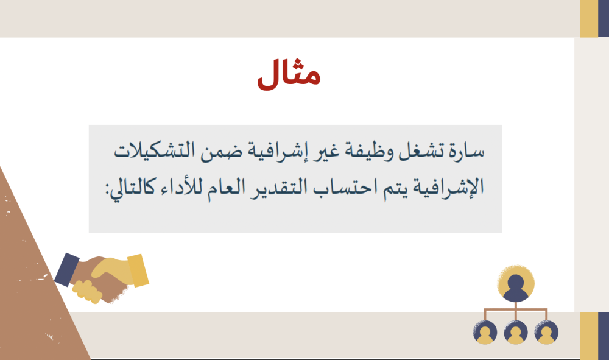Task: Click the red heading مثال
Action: click(x=289, y=74)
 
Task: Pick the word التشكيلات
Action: click(x=155, y=150)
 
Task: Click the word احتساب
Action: click(x=337, y=188)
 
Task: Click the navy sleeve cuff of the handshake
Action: click(x=66, y=269)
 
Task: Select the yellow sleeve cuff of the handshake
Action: click(x=138, y=270)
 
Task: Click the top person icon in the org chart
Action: click(x=516, y=283)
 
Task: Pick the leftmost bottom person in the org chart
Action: click(x=485, y=333)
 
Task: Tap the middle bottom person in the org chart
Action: click(x=516, y=333)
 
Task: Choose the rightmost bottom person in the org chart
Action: click(x=546, y=333)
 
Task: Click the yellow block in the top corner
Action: click(x=589, y=19)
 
